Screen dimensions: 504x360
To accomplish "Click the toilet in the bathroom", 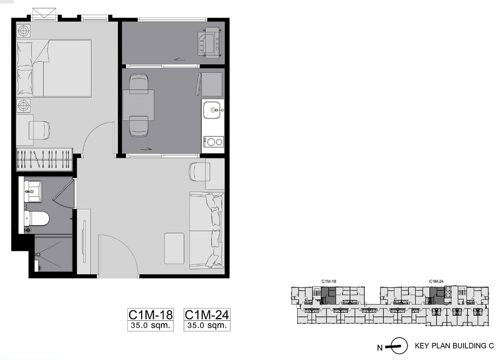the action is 36,218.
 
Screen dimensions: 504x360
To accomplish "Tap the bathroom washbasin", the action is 33,191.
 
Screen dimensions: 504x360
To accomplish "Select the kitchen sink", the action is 213,110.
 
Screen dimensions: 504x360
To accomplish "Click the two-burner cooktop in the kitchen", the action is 213,142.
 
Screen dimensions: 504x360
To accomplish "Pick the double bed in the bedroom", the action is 54,68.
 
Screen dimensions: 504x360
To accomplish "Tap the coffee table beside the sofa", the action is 174,249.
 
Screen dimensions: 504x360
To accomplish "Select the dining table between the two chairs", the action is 138,105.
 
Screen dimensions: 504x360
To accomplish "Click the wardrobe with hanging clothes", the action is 44,160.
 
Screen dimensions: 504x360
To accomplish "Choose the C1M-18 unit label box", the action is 151,320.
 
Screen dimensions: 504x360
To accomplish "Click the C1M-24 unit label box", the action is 207,320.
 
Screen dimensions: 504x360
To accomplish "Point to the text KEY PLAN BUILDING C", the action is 454,346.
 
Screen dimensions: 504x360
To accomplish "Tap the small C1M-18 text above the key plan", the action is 329,281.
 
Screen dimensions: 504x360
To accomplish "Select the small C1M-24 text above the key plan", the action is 436,281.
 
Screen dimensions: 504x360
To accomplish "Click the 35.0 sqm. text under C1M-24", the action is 207,325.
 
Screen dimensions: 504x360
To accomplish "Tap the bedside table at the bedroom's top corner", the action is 24,31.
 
